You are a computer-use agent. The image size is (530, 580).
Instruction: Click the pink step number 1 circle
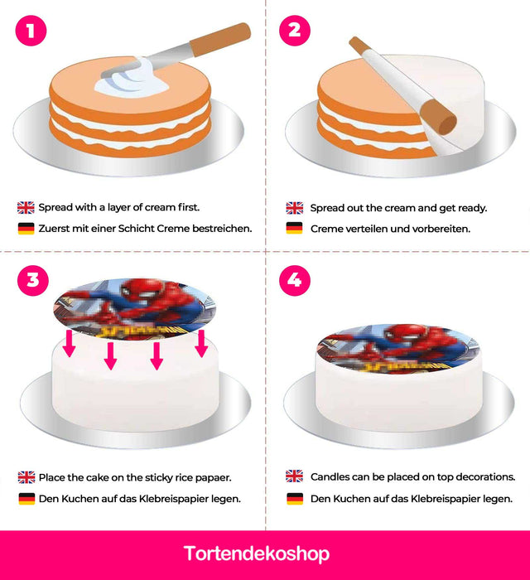(x=31, y=31)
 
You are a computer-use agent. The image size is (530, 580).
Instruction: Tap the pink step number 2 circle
(x=295, y=31)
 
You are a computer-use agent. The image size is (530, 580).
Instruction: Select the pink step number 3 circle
(x=33, y=280)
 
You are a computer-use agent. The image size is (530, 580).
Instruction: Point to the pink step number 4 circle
(x=295, y=280)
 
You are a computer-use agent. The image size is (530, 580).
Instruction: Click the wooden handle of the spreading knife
(x=220, y=40)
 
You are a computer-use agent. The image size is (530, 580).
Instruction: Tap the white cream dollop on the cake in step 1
(x=134, y=79)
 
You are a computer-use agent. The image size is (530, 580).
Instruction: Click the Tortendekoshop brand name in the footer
(x=257, y=553)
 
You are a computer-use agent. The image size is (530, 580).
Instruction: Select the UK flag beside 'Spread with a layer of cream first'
(x=26, y=207)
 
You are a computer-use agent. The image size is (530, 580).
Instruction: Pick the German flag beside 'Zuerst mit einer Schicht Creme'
(x=26, y=228)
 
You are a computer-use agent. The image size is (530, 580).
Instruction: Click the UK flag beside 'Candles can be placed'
(x=294, y=476)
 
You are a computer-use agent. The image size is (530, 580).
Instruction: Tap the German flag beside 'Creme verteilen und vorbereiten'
(x=294, y=228)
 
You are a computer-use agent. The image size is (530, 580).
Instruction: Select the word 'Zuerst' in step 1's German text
(x=54, y=229)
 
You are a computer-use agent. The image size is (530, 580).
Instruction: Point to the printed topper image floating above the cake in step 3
(x=134, y=309)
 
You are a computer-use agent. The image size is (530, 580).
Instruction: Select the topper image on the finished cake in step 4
(x=398, y=349)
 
